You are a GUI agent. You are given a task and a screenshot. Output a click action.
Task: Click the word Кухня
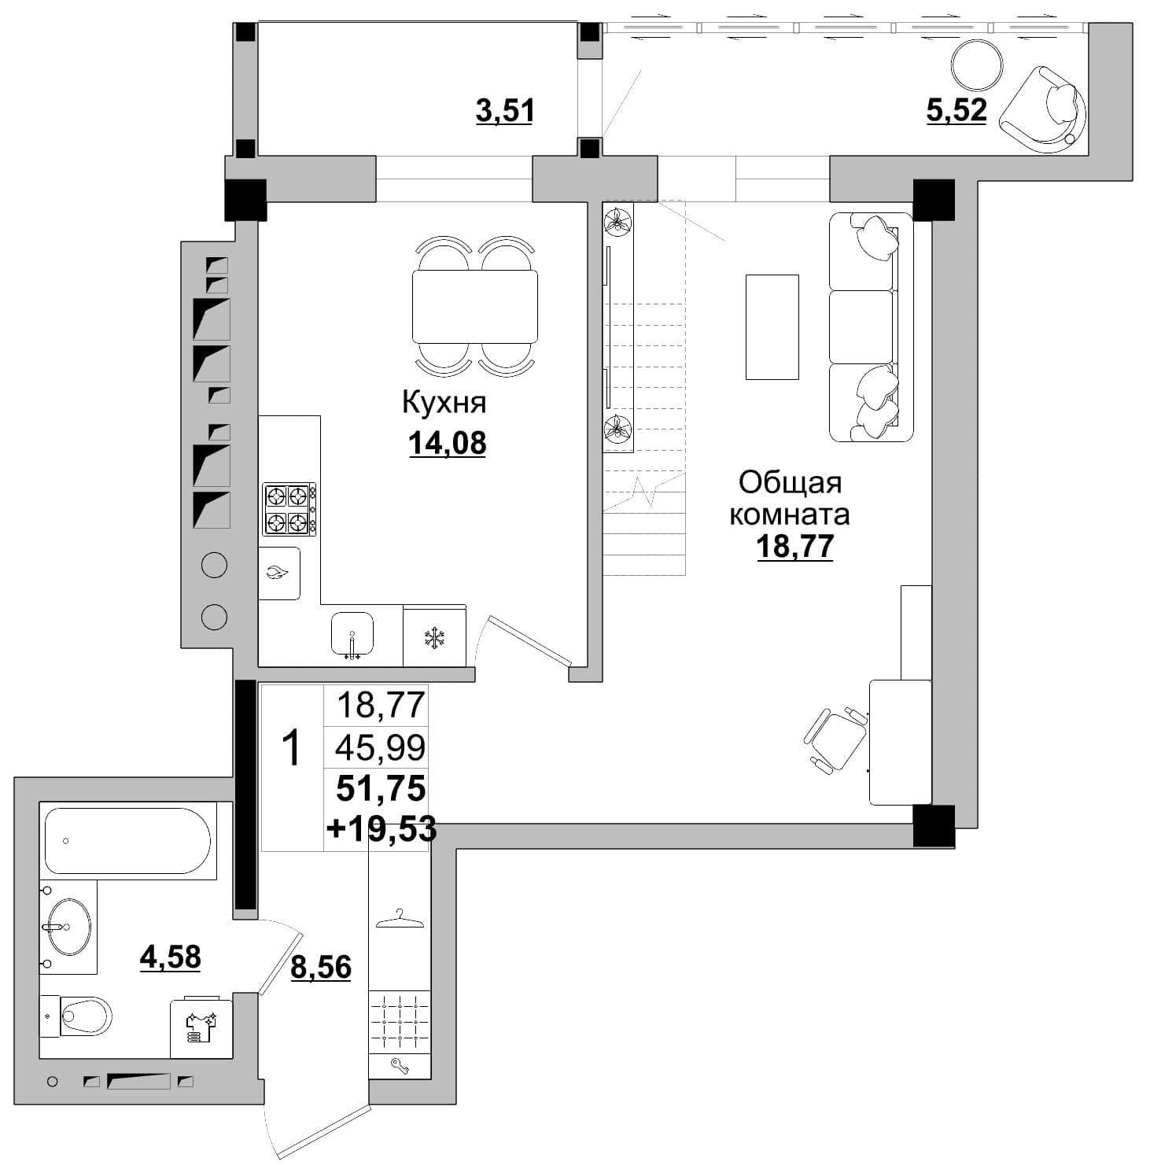tap(444, 402)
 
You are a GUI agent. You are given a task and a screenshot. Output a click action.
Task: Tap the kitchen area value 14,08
tap(447, 444)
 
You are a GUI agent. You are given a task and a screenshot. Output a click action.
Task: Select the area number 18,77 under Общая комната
tap(794, 546)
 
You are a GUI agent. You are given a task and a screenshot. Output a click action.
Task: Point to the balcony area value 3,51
tap(505, 111)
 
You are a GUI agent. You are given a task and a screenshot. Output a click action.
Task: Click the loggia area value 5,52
tap(956, 110)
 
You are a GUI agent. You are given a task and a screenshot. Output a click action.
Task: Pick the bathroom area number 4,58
tap(170, 957)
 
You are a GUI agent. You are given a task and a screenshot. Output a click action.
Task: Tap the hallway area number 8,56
tap(321, 967)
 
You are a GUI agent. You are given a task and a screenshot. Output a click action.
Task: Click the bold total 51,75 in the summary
tap(381, 787)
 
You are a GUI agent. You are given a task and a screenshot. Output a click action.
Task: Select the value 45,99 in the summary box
tap(381, 747)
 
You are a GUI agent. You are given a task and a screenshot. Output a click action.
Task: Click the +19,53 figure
tap(381, 828)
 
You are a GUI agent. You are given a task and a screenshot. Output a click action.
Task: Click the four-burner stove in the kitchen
tap(289, 509)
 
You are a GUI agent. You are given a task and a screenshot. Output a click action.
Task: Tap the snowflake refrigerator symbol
tap(433, 638)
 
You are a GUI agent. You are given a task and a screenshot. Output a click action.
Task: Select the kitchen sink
tap(352, 633)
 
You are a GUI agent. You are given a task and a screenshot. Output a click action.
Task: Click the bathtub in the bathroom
tap(127, 841)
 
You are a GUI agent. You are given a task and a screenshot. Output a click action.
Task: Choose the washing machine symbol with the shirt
tap(201, 1029)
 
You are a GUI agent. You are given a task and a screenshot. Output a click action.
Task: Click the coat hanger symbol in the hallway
tap(400, 919)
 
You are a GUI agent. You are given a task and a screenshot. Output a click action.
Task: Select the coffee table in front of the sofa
tap(772, 326)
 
